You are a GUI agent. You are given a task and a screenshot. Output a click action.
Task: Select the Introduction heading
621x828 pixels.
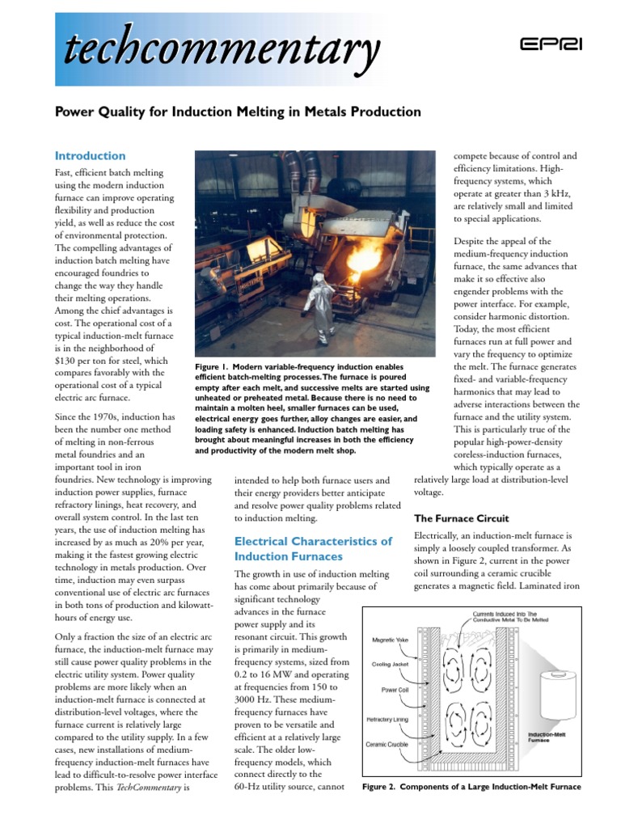coord(90,155)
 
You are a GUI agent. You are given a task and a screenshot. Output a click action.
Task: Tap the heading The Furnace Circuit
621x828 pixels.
coord(461,517)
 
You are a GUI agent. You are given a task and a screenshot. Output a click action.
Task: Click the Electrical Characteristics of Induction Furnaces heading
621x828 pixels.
coord(313,548)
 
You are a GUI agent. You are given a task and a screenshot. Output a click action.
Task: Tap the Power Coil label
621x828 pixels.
coord(397,690)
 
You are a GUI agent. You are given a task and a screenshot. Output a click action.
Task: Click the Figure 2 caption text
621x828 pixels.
coord(471,786)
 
